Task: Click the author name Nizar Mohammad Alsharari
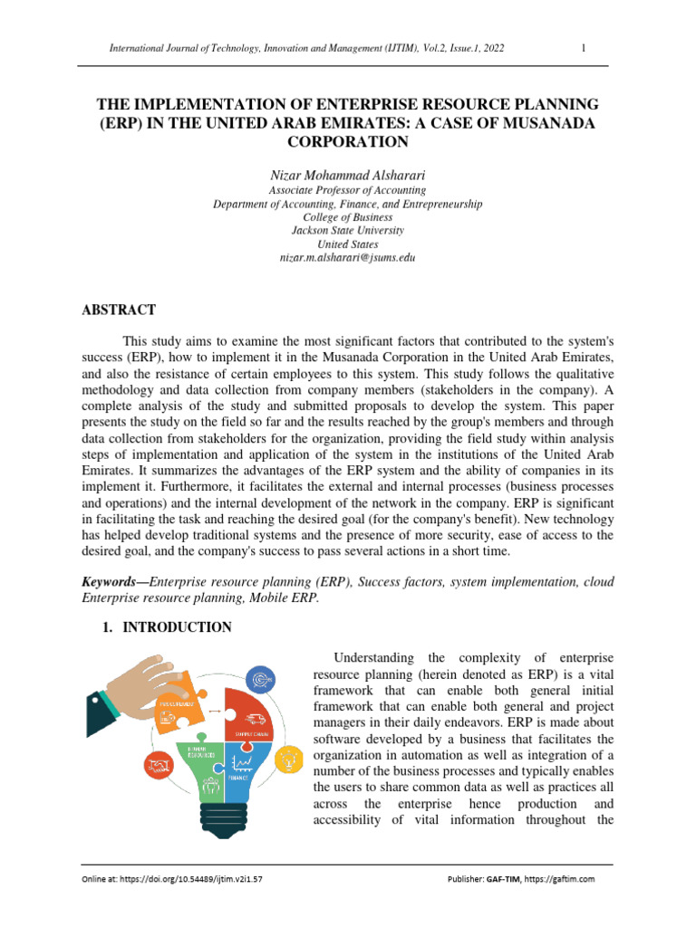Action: coord(347,173)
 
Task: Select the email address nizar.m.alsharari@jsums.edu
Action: coord(347,258)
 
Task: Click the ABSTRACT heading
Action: coord(119,310)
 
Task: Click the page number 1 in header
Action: coord(584,49)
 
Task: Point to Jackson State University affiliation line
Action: coord(347,231)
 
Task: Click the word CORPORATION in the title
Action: coord(347,142)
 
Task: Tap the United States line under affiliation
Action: coord(347,244)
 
